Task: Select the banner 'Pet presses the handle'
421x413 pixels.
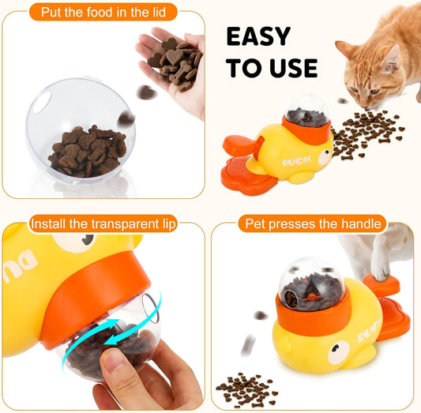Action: click(313, 224)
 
